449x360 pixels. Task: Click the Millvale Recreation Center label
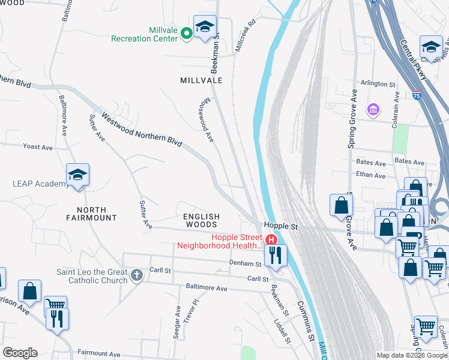coord(144,34)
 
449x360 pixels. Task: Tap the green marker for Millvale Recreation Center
coord(187,32)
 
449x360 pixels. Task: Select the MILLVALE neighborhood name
coord(201,80)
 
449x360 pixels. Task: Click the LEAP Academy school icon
coord(78,175)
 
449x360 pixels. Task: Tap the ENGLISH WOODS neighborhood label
coord(202,220)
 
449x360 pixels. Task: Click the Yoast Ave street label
coord(38,146)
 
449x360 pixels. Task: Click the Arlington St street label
coord(378,85)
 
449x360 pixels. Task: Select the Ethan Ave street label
coord(371,175)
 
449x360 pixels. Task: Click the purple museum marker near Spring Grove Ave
coord(373,110)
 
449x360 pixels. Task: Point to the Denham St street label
coord(245,263)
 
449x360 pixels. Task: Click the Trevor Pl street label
coord(191,311)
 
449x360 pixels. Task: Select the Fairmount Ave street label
coord(99,354)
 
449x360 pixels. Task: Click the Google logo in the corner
coord(20,353)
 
